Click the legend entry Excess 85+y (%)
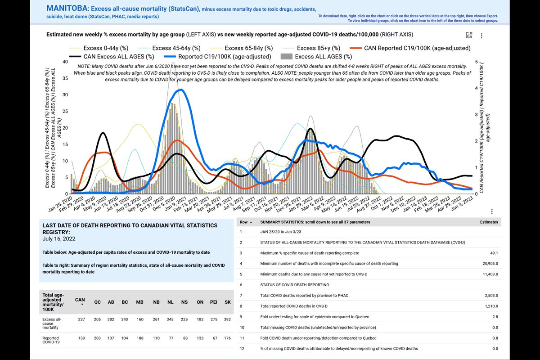click(319, 48)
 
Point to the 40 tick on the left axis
click(65, 62)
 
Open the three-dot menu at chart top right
click(481, 36)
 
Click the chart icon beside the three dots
click(469, 36)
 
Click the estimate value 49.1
click(494, 253)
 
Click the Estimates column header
click(489, 222)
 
